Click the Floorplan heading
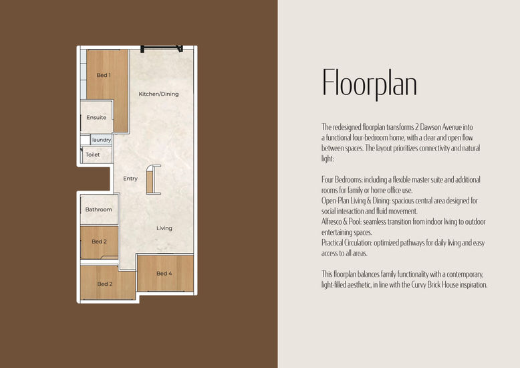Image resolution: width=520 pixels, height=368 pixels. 370,83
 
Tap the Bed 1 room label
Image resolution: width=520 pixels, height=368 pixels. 104,75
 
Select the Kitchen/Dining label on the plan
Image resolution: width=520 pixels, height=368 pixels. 158,94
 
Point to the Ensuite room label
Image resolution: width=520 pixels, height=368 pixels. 96,118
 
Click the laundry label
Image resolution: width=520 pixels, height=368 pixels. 102,140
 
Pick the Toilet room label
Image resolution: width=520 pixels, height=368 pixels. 92,155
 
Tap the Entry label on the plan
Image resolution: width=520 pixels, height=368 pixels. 130,179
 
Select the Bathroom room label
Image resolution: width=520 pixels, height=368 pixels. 98,209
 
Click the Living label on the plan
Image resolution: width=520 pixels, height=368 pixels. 164,228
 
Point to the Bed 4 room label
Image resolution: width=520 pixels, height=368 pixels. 164,274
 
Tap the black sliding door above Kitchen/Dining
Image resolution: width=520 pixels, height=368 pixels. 162,48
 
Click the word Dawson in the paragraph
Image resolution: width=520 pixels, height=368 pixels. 430,127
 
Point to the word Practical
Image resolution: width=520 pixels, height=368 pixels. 332,243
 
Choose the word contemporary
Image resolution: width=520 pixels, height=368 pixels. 465,274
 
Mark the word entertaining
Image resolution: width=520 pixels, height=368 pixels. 336,232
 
